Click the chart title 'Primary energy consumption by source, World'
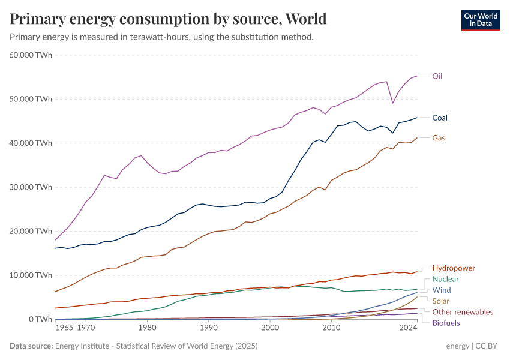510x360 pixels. pos(168,19)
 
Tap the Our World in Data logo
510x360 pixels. pos(480,19)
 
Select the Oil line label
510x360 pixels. pos(437,76)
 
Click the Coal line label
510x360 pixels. pos(440,118)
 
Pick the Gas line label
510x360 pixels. pos(439,138)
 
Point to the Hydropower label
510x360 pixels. pos(454,268)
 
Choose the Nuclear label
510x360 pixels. pos(446,279)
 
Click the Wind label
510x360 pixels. pos(442,290)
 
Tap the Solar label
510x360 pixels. pos(442,301)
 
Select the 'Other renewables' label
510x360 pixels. pos(463,312)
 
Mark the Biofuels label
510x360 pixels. pos(446,323)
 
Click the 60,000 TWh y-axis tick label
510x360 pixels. pos(31,55)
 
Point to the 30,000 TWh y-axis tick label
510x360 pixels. pos(31,187)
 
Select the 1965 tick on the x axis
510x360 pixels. pos(65,328)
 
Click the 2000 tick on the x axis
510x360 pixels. pos(270,328)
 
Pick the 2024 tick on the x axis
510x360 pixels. pos(408,328)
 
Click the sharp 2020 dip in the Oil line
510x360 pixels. pos(393,103)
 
